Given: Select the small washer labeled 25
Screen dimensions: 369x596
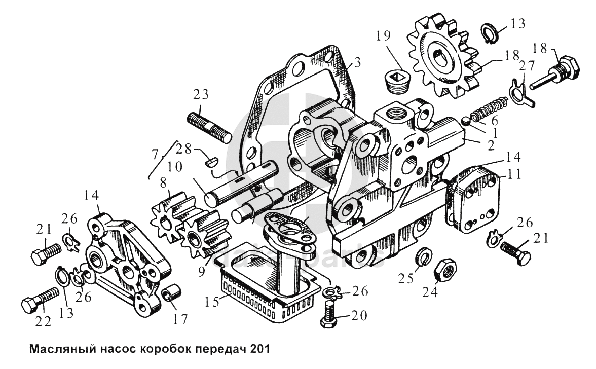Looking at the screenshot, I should pyautogui.click(x=423, y=256).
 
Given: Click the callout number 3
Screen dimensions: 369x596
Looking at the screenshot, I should pyautogui.click(x=357, y=63).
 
